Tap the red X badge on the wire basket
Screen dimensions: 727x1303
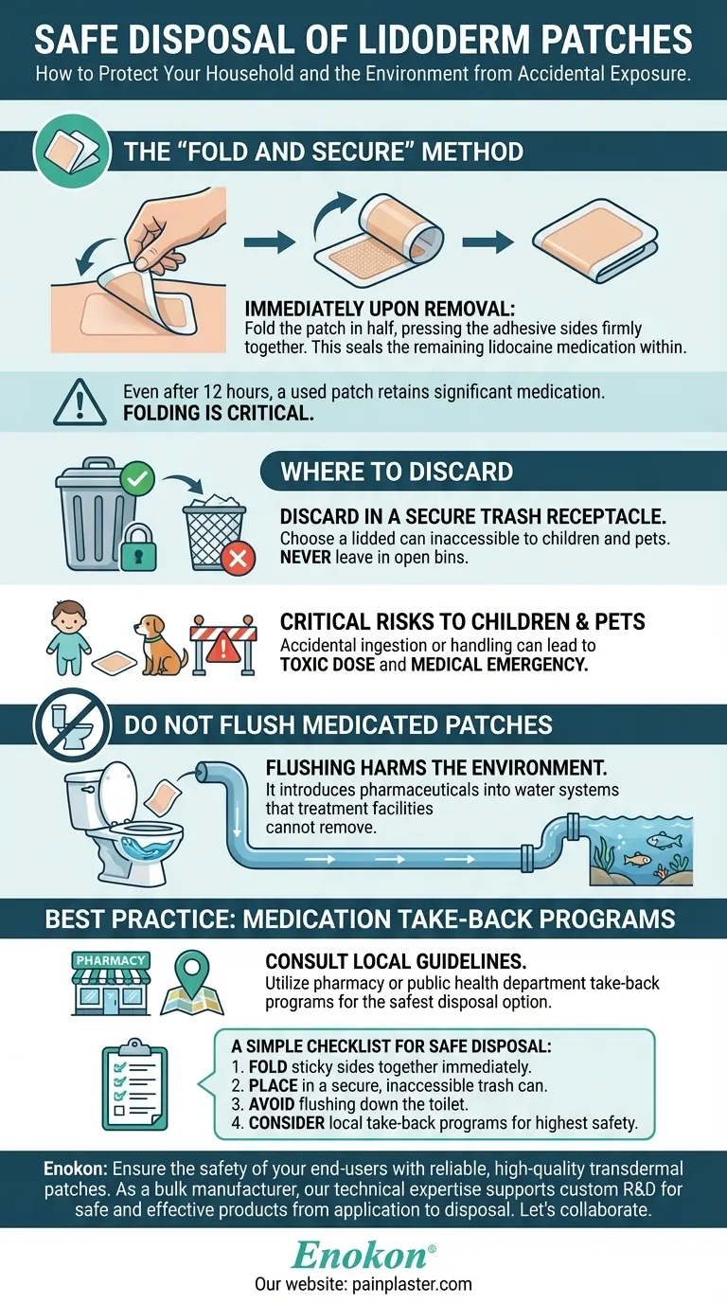[238, 559]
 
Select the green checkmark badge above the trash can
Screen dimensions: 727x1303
[137, 479]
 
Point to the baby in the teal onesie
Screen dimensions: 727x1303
[68, 637]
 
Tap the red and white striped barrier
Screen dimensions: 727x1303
[224, 645]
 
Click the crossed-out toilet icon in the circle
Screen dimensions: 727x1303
[72, 724]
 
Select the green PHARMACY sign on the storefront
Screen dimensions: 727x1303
[111, 960]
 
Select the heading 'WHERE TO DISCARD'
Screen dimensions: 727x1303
[397, 472]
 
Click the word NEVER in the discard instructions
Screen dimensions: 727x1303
[306, 557]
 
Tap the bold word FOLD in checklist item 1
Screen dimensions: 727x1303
[268, 1067]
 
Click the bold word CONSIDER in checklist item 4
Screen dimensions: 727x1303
[286, 1123]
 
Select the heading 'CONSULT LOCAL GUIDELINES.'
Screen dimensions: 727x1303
[396, 961]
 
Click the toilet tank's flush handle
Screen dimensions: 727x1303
[87, 790]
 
